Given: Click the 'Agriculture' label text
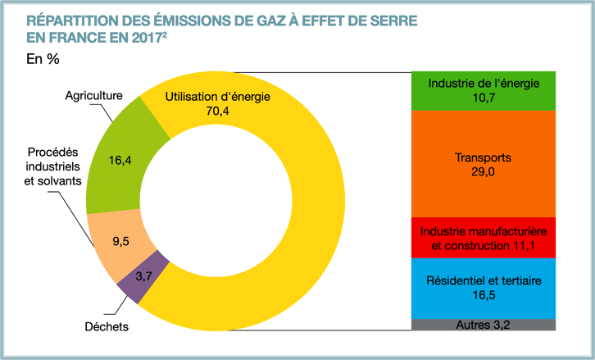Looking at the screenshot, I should [x=93, y=95].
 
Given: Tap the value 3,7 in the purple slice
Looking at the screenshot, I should [x=143, y=276].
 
